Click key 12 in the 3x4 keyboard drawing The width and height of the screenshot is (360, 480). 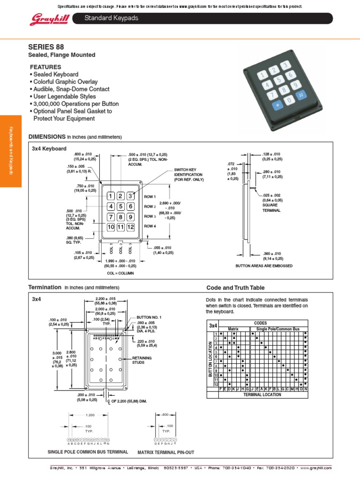130,227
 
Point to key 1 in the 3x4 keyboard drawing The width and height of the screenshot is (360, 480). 111,196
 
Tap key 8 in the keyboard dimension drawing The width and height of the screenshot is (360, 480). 120,217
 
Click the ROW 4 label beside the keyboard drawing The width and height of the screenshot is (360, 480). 150,226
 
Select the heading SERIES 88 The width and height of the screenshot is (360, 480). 46,46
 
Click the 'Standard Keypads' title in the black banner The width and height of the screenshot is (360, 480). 111,18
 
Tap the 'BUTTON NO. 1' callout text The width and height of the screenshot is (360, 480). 149,317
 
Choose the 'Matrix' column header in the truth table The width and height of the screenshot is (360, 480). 233,329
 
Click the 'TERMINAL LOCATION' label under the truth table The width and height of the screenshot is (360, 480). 262,395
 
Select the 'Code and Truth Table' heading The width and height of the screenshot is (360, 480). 235,287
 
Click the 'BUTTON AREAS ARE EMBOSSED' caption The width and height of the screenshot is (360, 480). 264,266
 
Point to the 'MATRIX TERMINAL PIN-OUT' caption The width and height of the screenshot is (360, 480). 165,452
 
